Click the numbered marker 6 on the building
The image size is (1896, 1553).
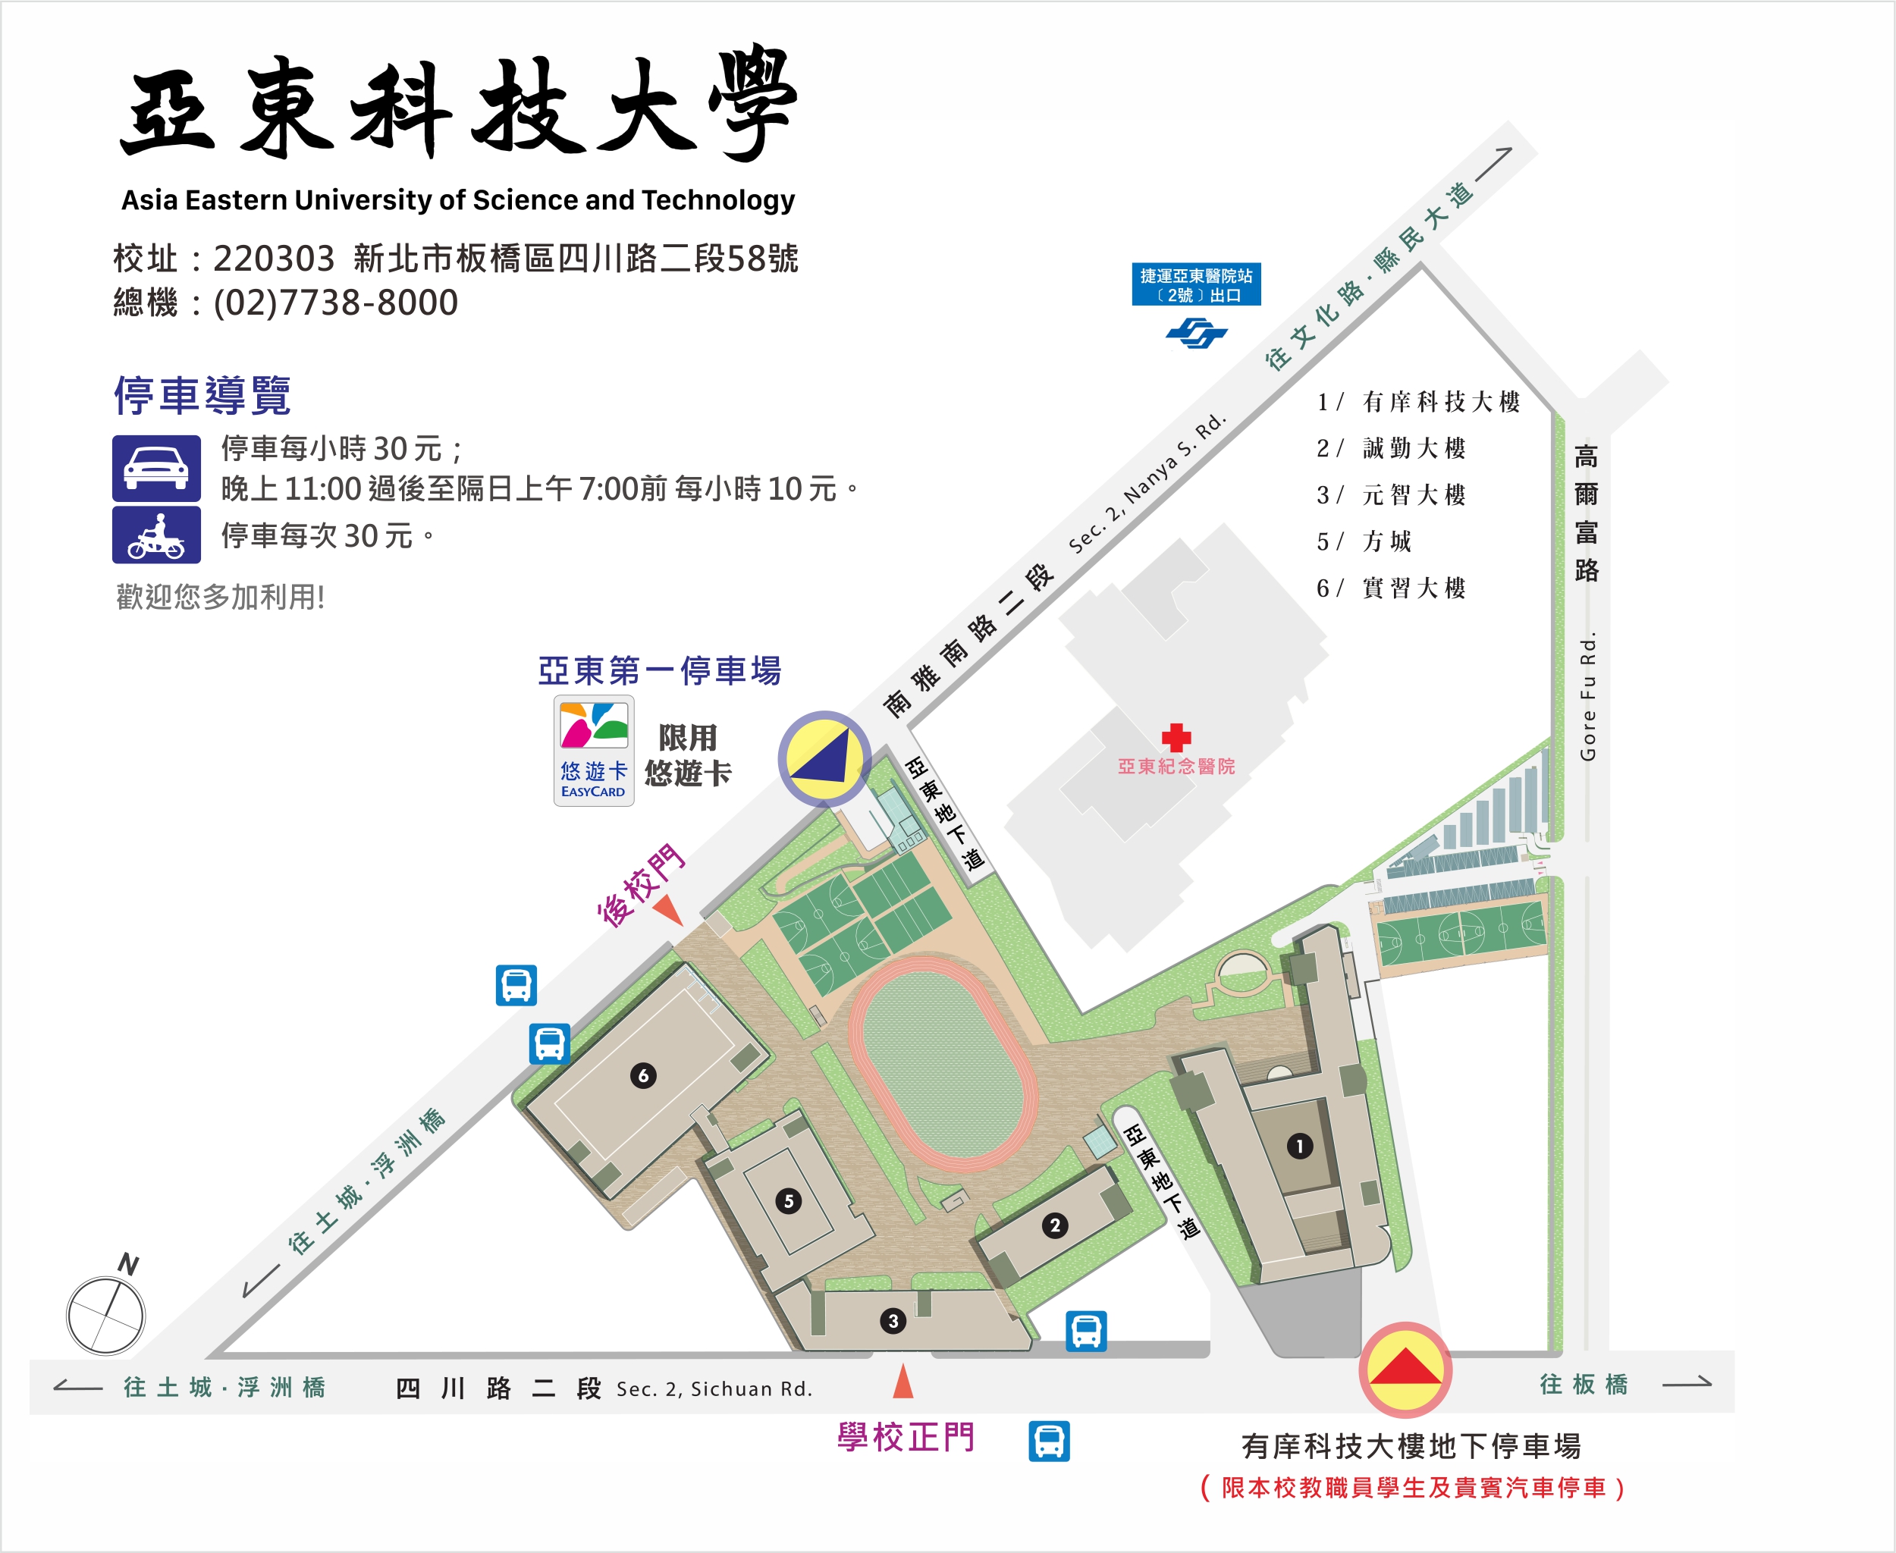[642, 1075]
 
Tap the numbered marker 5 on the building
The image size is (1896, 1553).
[788, 1200]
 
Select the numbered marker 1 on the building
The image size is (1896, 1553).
[1299, 1146]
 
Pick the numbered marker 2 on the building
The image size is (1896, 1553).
[1055, 1225]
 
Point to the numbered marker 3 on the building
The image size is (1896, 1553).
[892, 1320]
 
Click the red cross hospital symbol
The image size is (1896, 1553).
[1176, 737]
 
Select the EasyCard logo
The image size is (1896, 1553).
[594, 750]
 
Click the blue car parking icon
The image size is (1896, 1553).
[156, 468]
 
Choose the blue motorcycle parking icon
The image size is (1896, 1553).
[156, 535]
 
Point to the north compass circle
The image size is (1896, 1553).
[105, 1316]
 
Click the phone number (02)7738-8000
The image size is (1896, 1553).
[335, 303]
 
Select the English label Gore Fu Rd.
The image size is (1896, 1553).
[1587, 697]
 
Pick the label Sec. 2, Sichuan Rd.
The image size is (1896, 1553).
[714, 1388]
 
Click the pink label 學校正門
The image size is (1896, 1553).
[906, 1438]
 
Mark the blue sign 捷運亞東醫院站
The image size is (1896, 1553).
[1195, 284]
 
